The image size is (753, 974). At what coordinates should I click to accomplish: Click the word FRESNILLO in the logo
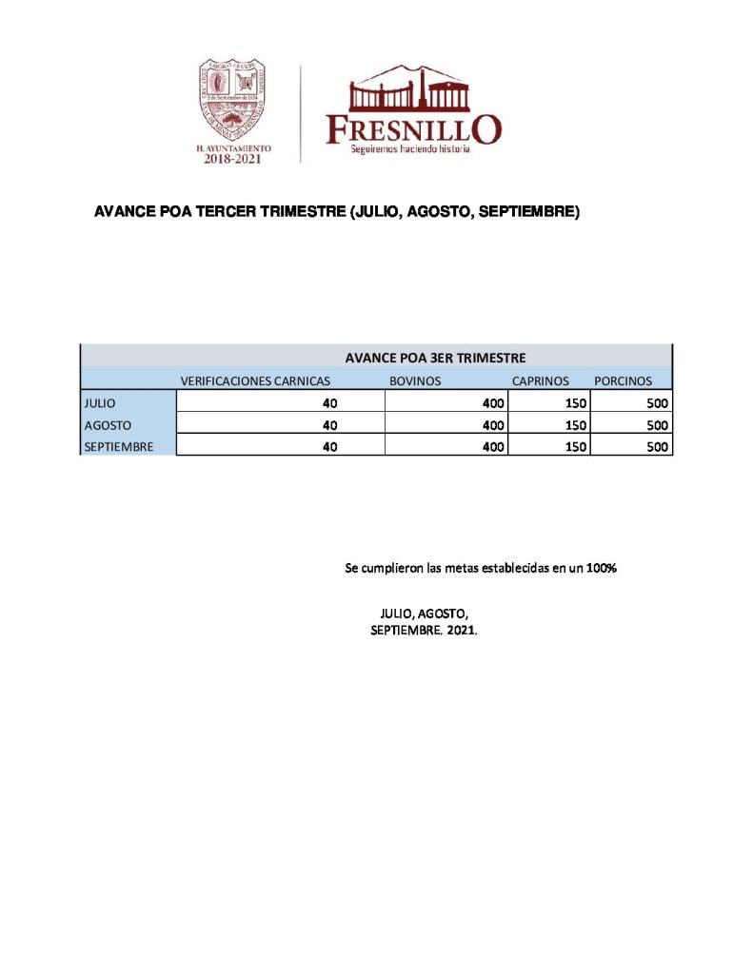[412, 128]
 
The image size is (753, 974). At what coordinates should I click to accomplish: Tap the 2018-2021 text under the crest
[232, 159]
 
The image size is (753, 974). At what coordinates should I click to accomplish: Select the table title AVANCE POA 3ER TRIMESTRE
[435, 358]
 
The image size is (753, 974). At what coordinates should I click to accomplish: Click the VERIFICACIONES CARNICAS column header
[255, 380]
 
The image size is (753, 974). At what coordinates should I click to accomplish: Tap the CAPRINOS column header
[541, 380]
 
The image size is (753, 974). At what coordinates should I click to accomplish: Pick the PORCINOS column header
[623, 380]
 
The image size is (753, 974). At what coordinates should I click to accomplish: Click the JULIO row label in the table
[100, 403]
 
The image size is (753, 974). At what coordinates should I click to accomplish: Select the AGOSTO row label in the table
[108, 425]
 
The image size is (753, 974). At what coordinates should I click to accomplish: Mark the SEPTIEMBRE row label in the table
[119, 446]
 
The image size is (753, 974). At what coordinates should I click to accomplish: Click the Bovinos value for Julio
[493, 403]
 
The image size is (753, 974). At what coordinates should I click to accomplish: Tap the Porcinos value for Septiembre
[657, 446]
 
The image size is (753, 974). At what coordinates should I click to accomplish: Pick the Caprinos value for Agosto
[575, 425]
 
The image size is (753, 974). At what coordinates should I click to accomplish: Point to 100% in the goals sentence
[601, 569]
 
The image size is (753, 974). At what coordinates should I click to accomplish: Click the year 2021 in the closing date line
[461, 631]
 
